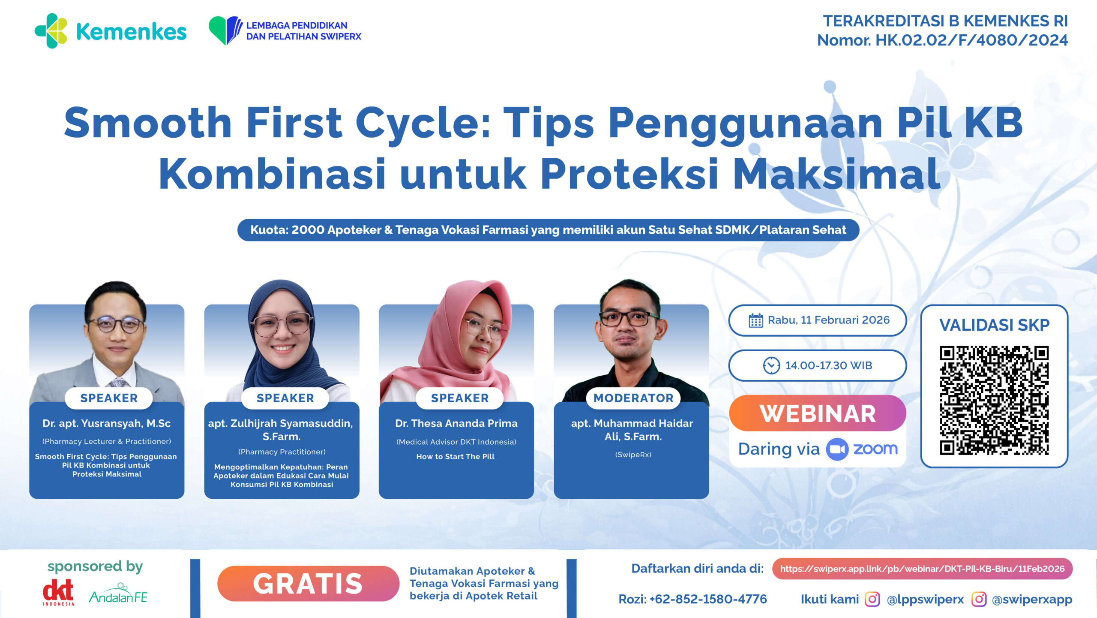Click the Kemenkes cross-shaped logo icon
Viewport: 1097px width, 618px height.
(51, 31)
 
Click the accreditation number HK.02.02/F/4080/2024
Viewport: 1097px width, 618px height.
(971, 40)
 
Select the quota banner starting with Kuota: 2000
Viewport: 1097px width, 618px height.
(548, 230)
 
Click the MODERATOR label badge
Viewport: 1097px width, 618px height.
(633, 398)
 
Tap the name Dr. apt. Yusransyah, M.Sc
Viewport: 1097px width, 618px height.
(107, 423)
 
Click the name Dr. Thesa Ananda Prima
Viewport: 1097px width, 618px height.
(456, 423)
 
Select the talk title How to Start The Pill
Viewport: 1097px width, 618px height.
(456, 456)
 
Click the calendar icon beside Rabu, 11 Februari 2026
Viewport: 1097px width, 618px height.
(755, 320)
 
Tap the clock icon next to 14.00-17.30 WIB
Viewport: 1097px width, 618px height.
(771, 365)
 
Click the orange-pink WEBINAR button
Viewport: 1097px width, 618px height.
(818, 413)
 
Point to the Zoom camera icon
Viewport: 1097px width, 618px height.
(837, 449)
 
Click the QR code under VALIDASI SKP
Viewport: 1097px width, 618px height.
(994, 400)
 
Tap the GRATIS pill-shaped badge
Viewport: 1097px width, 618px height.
(308, 583)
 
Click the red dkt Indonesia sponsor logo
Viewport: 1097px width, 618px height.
(58, 592)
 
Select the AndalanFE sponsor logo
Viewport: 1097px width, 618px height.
(118, 594)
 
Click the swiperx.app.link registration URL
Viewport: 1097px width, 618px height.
(922, 569)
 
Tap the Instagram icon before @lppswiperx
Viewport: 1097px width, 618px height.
(872, 599)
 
